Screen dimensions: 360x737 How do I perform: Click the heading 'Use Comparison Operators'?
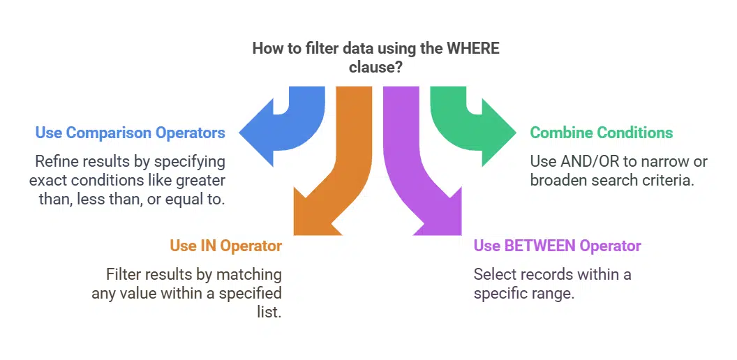coord(130,133)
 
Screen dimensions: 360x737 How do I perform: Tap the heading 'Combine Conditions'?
coord(602,133)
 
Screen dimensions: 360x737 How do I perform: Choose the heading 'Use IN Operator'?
coord(225,246)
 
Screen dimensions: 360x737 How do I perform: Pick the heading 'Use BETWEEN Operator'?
coord(557,246)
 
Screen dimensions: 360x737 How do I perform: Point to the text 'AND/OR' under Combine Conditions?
coord(587,162)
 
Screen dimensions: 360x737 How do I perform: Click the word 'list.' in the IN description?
coord(269,312)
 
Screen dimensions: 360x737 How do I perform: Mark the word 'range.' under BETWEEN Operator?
coord(554,293)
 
